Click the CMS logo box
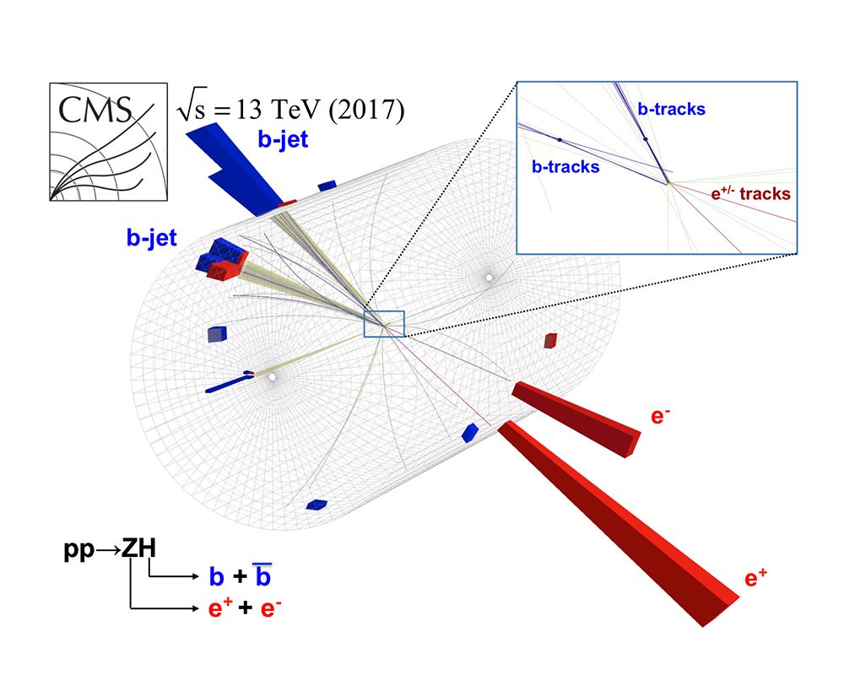click(x=107, y=142)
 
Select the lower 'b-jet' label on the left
click(x=152, y=239)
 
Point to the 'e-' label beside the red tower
click(x=661, y=417)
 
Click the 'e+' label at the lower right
click(x=755, y=579)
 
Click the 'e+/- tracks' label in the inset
click(x=750, y=194)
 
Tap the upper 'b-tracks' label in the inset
click(x=671, y=109)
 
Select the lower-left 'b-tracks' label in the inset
click(x=565, y=167)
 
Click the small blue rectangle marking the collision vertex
click(x=384, y=324)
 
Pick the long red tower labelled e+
click(x=616, y=528)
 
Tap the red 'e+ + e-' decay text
click(x=245, y=607)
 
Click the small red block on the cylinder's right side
click(x=550, y=340)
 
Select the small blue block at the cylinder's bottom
click(x=316, y=505)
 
